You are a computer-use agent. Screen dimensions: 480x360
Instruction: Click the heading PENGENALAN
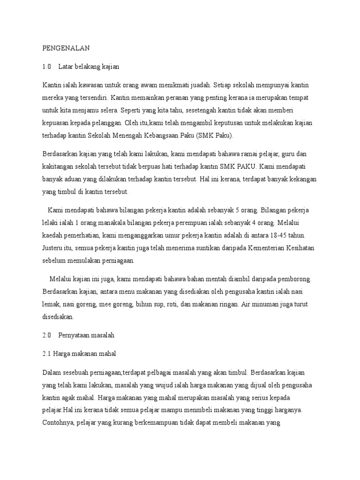coord(66,48)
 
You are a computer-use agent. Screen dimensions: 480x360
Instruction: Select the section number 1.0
coord(46,67)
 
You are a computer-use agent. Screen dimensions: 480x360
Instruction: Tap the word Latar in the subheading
coord(66,67)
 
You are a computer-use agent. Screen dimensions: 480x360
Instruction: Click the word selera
coord(107,111)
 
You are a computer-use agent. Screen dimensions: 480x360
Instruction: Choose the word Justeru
coord(53,247)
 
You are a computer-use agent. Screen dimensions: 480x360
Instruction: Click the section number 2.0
coord(46,335)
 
